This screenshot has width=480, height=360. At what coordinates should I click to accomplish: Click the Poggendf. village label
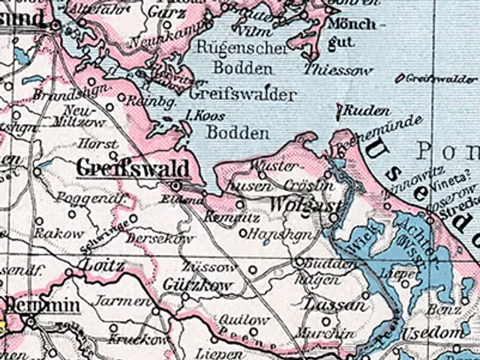pos(97,200)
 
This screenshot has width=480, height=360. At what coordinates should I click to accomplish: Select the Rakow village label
pos(59,233)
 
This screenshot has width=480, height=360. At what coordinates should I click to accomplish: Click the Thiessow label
pos(339,70)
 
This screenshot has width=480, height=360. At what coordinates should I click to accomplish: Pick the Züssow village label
pos(206,267)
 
